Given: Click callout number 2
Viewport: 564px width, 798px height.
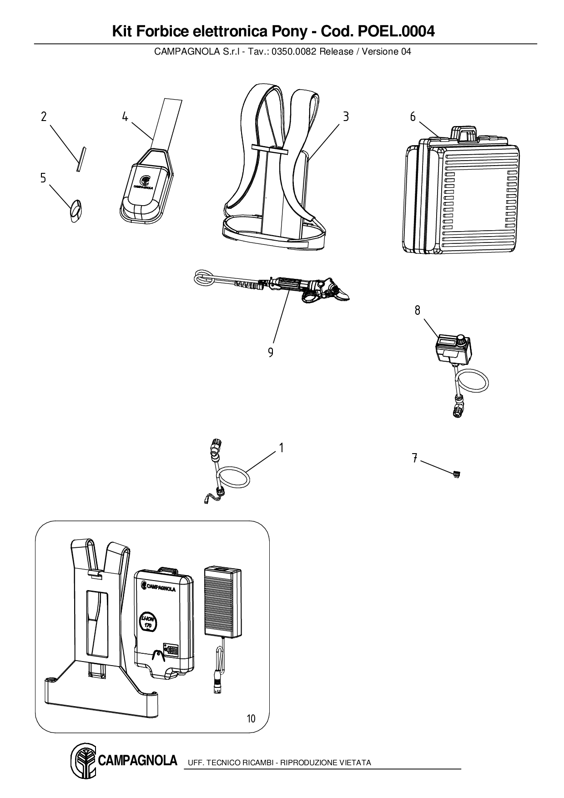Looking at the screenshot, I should [x=44, y=117].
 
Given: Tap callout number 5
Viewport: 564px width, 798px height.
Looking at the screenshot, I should [x=43, y=178].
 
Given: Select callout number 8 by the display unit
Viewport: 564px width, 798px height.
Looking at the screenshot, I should [x=417, y=310].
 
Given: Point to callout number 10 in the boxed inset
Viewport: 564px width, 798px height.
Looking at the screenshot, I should [x=251, y=718].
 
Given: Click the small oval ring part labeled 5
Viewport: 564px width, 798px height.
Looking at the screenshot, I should [x=76, y=210].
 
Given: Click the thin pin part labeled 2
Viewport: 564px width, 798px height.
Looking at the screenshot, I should [x=81, y=158].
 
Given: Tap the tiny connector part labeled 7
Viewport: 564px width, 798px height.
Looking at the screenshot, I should [x=457, y=475].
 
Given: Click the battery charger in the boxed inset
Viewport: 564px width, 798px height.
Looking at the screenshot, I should [x=222, y=601].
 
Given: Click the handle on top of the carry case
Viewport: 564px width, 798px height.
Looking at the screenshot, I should [x=463, y=134].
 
